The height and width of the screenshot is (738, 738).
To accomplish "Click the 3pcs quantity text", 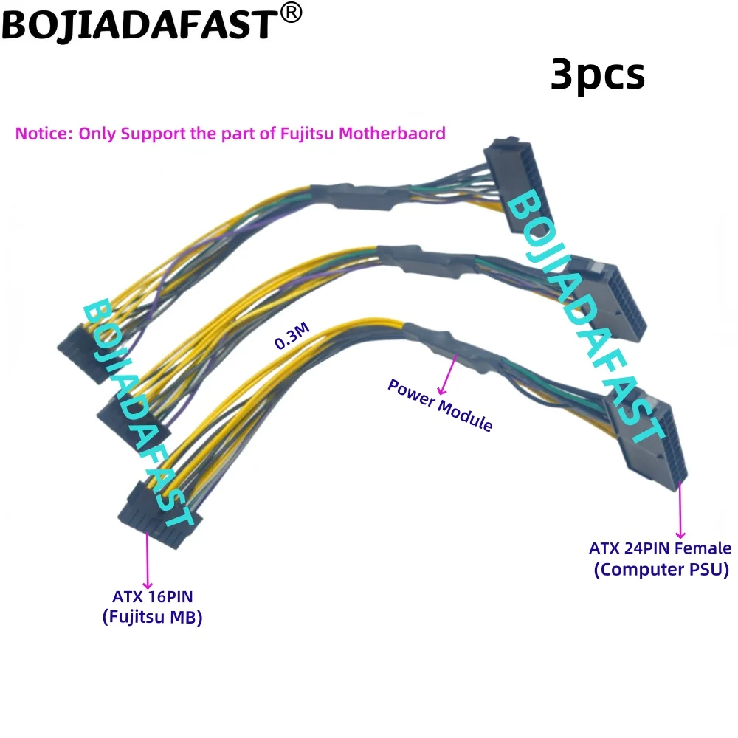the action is point(597,75).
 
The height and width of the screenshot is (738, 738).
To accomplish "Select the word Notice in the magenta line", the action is point(44,134).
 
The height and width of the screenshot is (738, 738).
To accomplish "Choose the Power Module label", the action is point(440,405).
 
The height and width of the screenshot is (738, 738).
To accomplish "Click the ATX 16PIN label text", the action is point(151,596).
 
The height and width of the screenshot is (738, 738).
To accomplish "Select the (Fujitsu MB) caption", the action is point(151,618).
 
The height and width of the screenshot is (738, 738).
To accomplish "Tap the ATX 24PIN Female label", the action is point(660,548).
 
